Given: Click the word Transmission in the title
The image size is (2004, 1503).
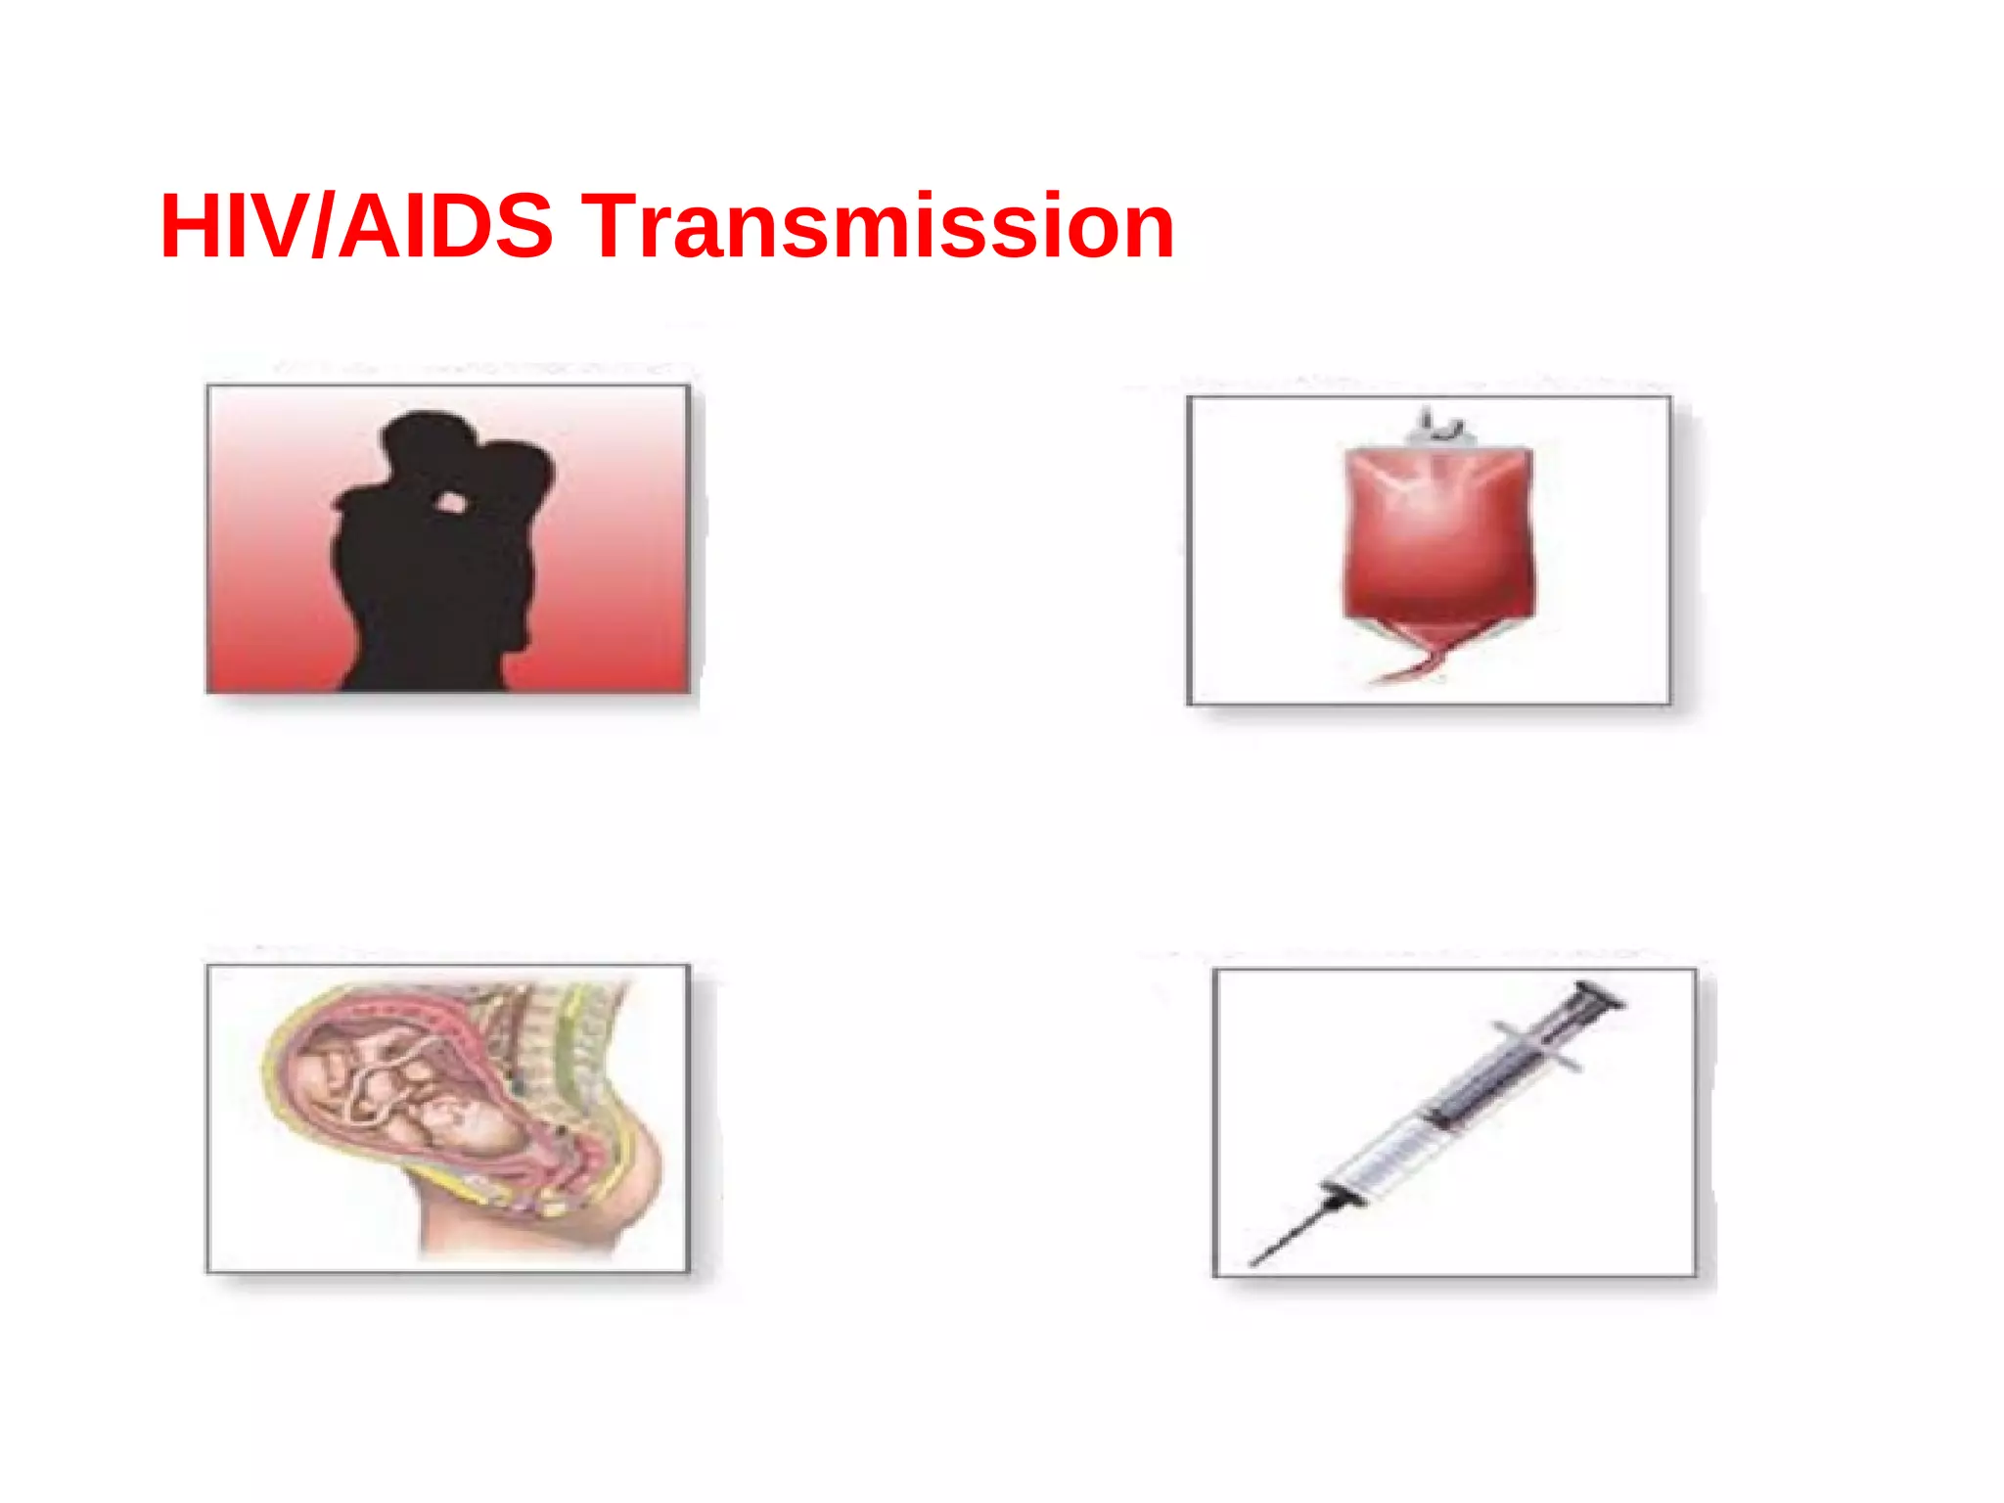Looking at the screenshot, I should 878,227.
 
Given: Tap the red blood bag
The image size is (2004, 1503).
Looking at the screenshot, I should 1437,533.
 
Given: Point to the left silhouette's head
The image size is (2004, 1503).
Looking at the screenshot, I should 428,440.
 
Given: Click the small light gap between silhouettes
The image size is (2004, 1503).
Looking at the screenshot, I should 450,503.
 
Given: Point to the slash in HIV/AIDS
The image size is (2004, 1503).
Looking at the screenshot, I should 323,227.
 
